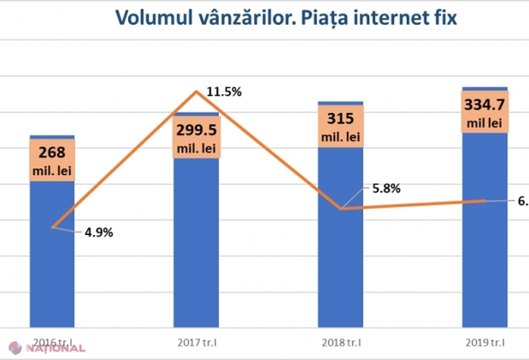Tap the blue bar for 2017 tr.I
click(196, 248)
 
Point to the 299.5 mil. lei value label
click(197, 138)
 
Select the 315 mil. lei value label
click(341, 127)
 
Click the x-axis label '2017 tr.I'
click(196, 343)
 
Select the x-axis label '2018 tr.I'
click(340, 343)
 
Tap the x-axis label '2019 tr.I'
click(485, 343)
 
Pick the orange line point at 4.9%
click(53, 227)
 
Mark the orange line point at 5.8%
click(341, 209)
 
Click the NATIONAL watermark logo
click(48, 348)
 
